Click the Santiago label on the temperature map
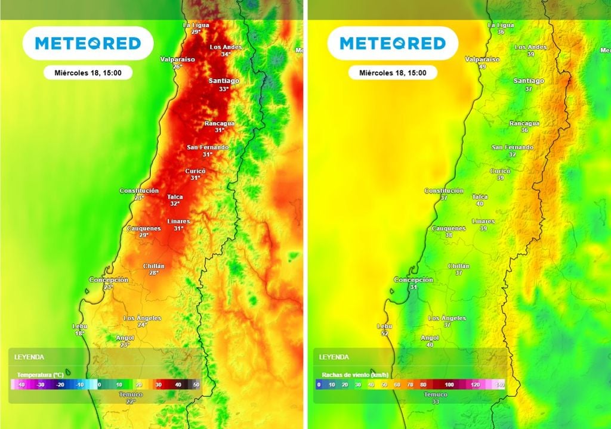224,80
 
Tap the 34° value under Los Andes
226,54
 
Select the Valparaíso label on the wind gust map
482,59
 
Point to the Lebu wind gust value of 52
384,334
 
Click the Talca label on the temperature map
175,197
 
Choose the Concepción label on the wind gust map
413,279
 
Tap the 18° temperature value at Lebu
79,334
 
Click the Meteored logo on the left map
88,43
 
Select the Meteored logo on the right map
393,43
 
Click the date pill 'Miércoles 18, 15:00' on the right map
393,73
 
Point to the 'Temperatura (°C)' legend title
40,375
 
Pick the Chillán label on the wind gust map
458,266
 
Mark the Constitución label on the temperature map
139,191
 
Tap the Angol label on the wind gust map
430,338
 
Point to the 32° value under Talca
175,204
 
